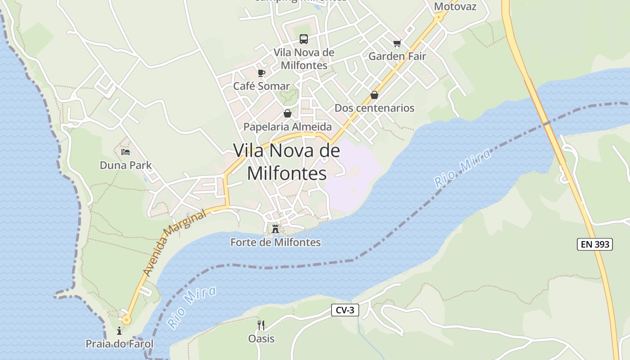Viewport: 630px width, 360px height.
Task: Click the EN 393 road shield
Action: pyautogui.click(x=595, y=244)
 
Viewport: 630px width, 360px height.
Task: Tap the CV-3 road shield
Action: pyautogui.click(x=345, y=310)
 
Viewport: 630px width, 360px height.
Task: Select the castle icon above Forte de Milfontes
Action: pyautogui.click(x=275, y=229)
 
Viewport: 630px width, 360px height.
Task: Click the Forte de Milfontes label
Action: pyautogui.click(x=275, y=243)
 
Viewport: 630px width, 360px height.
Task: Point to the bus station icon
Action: pyautogui.click(x=304, y=39)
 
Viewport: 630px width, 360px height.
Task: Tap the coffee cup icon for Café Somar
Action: pyautogui.click(x=261, y=73)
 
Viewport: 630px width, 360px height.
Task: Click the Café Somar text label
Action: pyautogui.click(x=261, y=86)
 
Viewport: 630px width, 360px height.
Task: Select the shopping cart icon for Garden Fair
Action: pyautogui.click(x=397, y=43)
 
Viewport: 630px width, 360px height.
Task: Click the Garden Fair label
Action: pyautogui.click(x=397, y=56)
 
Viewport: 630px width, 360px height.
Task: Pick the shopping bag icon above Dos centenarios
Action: pyautogui.click(x=374, y=95)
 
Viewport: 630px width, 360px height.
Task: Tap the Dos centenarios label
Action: pyautogui.click(x=374, y=108)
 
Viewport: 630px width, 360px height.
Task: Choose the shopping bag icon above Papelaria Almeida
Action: pyautogui.click(x=287, y=113)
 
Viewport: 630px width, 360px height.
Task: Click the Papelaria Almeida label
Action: pyautogui.click(x=288, y=127)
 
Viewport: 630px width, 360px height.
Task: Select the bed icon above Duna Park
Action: pyautogui.click(x=126, y=152)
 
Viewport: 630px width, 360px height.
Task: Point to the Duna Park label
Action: pyautogui.click(x=126, y=165)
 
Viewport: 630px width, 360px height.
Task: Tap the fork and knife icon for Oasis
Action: pyautogui.click(x=261, y=325)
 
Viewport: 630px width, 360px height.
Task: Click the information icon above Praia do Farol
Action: pyautogui.click(x=119, y=331)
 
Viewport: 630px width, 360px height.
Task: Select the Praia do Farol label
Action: pyautogui.click(x=120, y=344)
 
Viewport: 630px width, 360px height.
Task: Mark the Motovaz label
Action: pyautogui.click(x=455, y=7)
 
